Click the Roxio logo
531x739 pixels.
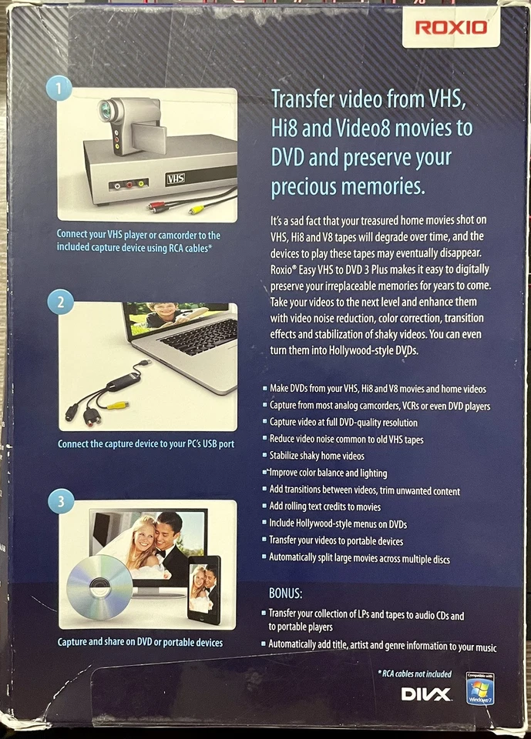coord(452,28)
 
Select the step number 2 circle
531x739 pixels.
coord(61,302)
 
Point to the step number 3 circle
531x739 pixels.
coord(62,504)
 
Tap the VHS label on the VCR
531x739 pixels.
coord(176,179)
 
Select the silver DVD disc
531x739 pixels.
coord(100,587)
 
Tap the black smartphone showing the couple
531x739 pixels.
coord(204,590)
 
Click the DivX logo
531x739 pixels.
coord(426,694)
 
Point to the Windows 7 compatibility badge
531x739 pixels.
coord(480,688)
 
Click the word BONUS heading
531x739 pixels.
coord(285,594)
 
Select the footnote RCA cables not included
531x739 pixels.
coord(415,674)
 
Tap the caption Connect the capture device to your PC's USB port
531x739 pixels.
coord(146,444)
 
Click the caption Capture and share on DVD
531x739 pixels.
coord(140,642)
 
